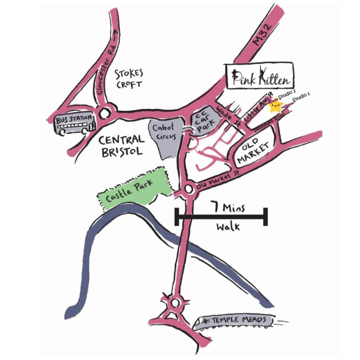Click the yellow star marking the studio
pyautogui.click(x=275, y=107)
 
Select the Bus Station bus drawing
pyautogui.click(x=75, y=123)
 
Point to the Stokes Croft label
pyautogui.click(x=129, y=79)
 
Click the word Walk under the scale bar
pyautogui.click(x=228, y=227)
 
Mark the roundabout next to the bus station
pyautogui.click(x=104, y=114)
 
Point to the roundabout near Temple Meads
pyautogui.click(x=175, y=302)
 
